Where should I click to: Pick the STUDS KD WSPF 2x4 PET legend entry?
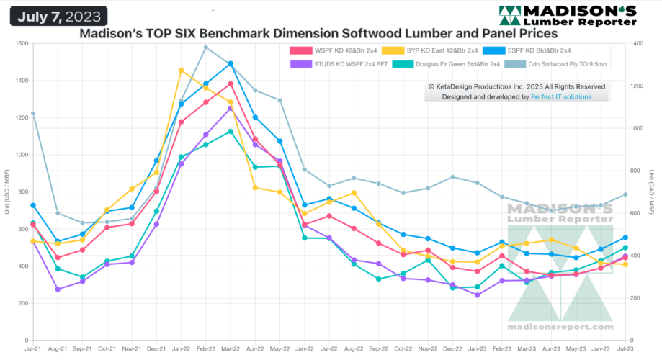tap(338, 64)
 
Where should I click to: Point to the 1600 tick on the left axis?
tap(20, 44)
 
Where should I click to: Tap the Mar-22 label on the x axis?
tap(230, 349)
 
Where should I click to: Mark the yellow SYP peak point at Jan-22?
tap(181, 70)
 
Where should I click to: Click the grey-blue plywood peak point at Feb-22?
tap(205, 48)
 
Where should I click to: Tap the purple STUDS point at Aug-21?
tap(58, 289)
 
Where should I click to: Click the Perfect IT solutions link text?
tap(561, 96)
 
